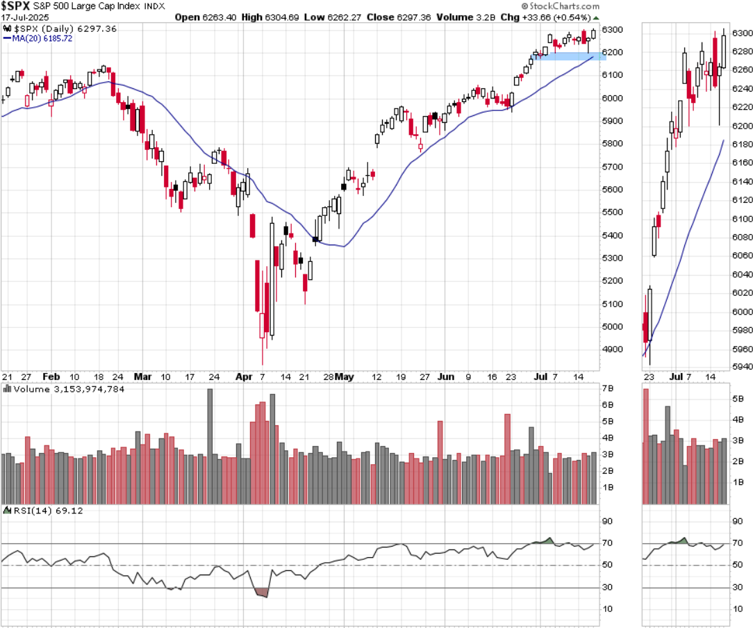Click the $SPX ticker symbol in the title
(15, 6)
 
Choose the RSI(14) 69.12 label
(34, 511)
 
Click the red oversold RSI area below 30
(262, 593)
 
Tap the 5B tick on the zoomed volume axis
(738, 399)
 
